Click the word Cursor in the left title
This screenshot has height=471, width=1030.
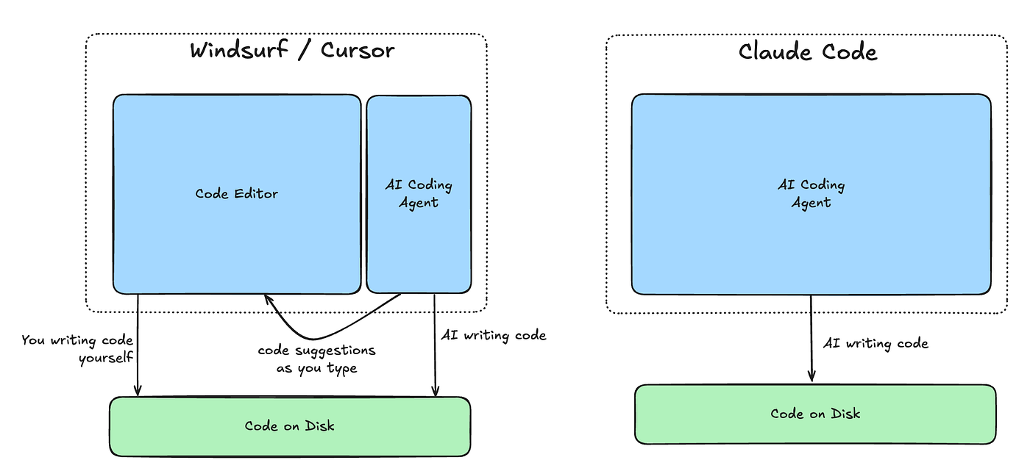tap(358, 51)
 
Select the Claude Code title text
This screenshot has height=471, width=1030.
tap(808, 52)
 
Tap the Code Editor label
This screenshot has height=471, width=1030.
tap(237, 194)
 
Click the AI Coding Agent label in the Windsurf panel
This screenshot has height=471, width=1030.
tap(419, 194)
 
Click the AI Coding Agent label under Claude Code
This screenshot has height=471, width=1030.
tap(811, 193)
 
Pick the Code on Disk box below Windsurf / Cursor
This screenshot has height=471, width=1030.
tap(290, 426)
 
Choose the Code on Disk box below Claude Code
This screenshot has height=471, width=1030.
tap(815, 414)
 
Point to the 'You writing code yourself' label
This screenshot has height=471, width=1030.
tap(77, 348)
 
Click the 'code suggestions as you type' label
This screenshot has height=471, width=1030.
tap(316, 359)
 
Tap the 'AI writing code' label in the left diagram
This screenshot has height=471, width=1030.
tap(493, 336)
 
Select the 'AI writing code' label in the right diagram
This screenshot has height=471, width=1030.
tap(875, 343)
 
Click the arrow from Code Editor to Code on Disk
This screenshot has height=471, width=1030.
tap(138, 345)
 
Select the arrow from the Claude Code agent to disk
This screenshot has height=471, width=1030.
tap(811, 338)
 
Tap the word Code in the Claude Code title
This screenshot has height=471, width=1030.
tap(846, 52)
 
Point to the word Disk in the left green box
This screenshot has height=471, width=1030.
tap(320, 426)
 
